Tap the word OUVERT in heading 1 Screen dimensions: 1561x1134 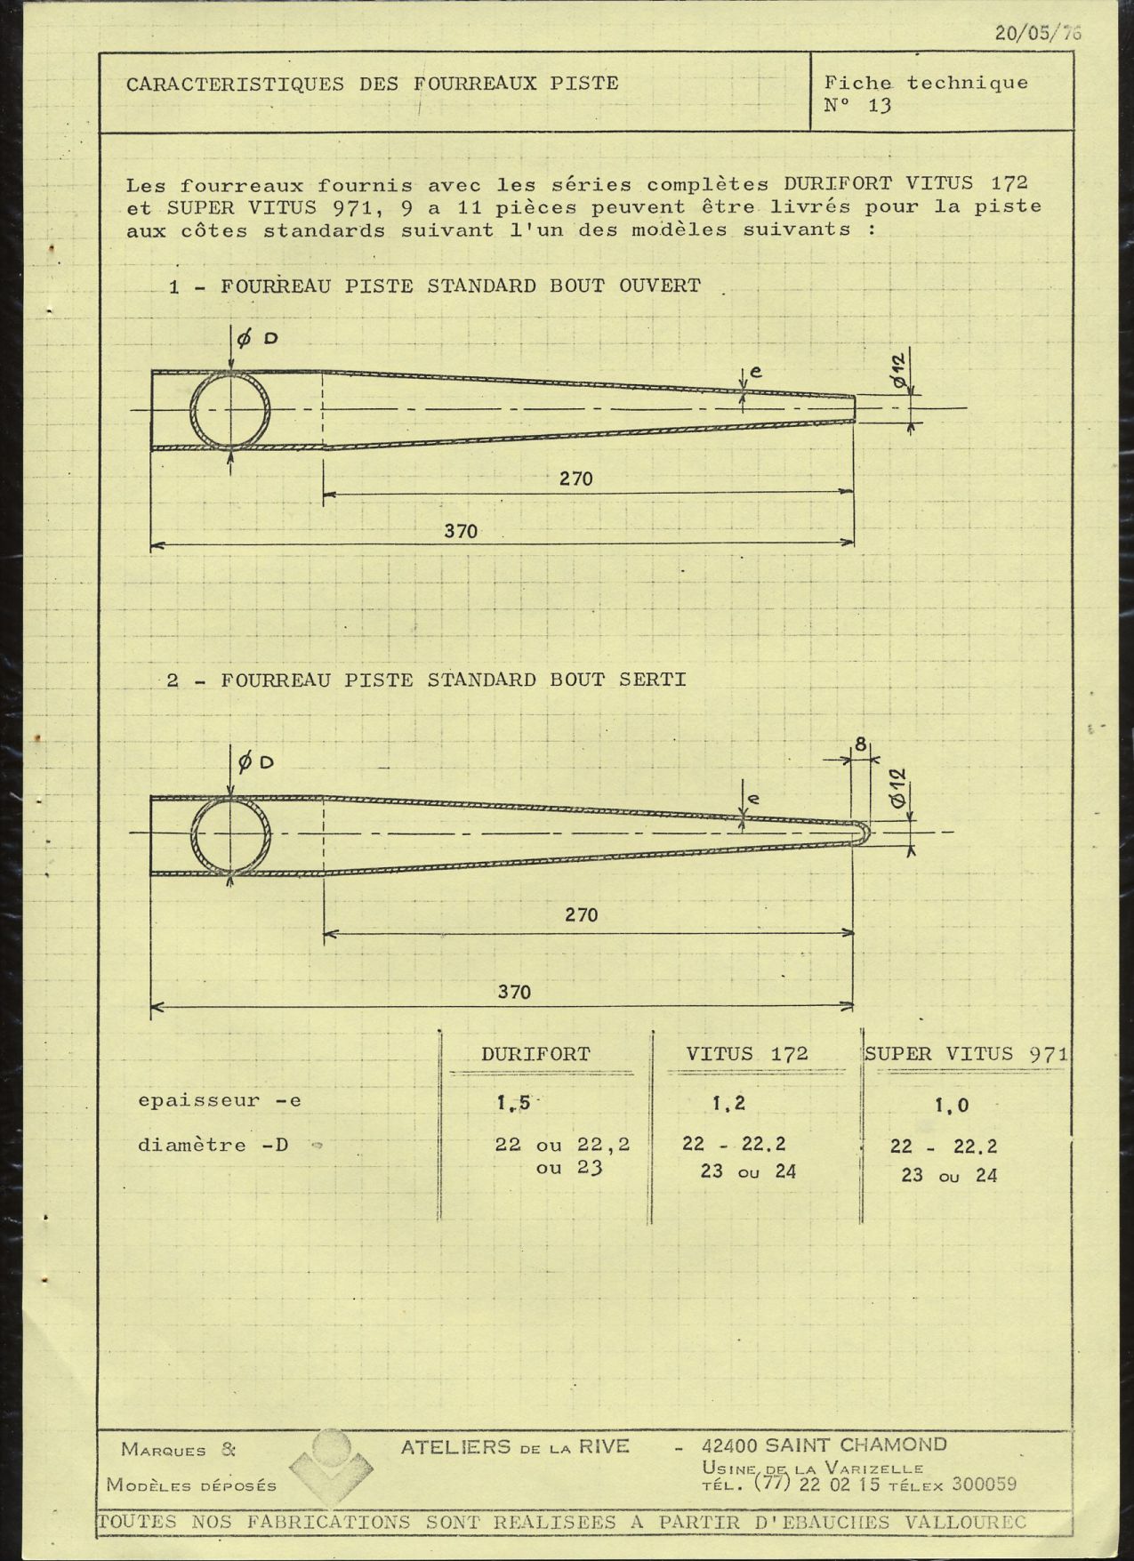click(659, 286)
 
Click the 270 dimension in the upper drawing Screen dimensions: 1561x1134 click(575, 479)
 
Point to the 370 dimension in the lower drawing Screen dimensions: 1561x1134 click(514, 992)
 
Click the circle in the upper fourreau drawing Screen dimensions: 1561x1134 click(231, 410)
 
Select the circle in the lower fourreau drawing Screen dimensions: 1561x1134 click(231, 833)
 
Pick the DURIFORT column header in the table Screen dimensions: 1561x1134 click(535, 1054)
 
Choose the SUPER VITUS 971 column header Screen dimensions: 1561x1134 click(966, 1054)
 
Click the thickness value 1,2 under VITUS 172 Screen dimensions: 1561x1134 click(728, 1104)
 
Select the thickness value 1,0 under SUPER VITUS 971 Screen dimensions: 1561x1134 click(952, 1106)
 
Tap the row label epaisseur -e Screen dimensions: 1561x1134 click(219, 1100)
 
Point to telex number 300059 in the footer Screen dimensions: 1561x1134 click(984, 1484)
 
